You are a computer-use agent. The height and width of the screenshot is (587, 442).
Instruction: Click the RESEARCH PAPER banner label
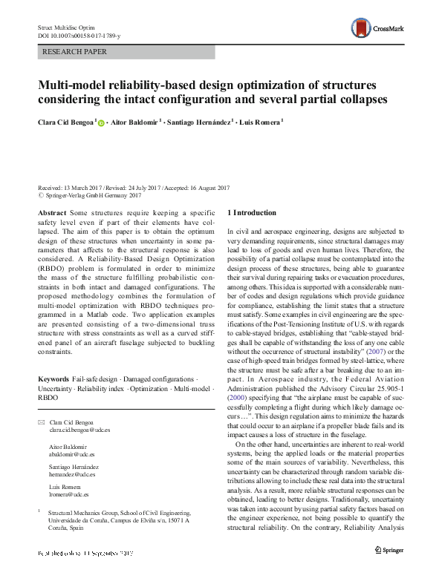point(74,52)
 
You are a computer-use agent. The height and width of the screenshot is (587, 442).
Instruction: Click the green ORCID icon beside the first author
point(101,122)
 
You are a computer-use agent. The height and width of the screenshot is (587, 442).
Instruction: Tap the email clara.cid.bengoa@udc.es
point(79,430)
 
